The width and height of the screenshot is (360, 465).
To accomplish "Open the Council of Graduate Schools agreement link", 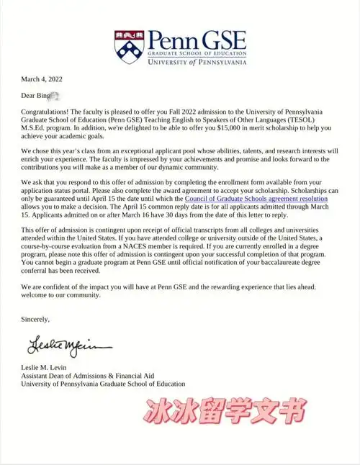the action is (x=256, y=198).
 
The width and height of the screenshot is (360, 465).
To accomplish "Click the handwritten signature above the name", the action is (x=60, y=348).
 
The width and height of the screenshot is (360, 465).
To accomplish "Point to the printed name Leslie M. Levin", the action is (x=48, y=368).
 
